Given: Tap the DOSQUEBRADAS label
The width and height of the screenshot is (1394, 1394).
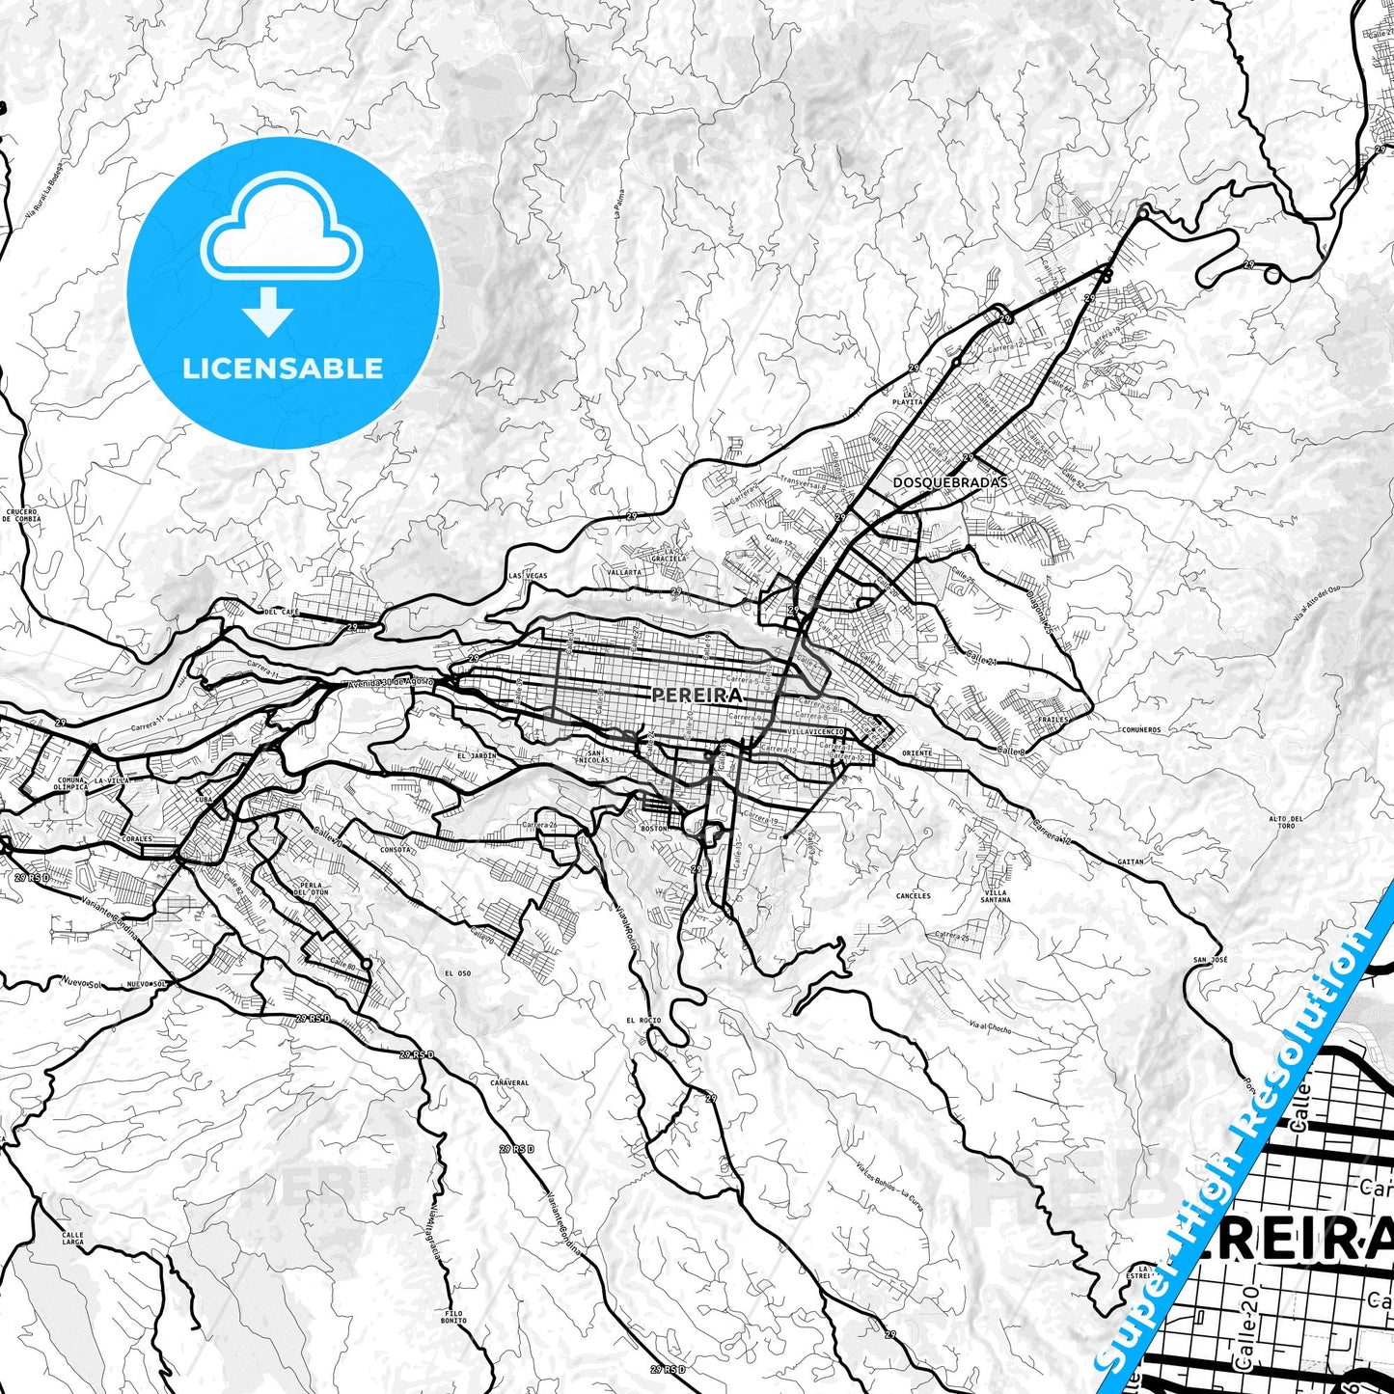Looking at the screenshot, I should tap(936, 481).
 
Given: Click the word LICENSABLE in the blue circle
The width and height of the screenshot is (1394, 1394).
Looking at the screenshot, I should tap(283, 368).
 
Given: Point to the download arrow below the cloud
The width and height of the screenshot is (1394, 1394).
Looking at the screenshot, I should tap(268, 312).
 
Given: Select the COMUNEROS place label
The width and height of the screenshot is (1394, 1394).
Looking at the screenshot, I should tap(1141, 730).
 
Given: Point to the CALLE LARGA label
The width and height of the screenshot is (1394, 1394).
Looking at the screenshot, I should tap(72, 1238).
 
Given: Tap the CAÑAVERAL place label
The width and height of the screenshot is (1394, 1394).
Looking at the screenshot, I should tap(509, 1083).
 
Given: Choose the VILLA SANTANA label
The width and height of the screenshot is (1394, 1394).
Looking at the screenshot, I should tap(997, 896).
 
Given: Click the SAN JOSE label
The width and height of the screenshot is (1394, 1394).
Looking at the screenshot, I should tap(1210, 960).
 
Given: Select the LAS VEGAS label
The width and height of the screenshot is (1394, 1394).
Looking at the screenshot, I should tap(528, 576).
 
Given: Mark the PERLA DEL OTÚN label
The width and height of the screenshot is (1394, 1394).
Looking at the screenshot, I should tap(310, 888).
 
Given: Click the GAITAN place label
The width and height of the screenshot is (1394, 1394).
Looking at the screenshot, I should tap(1131, 861).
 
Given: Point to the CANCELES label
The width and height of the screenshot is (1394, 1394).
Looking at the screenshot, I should tap(913, 895).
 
